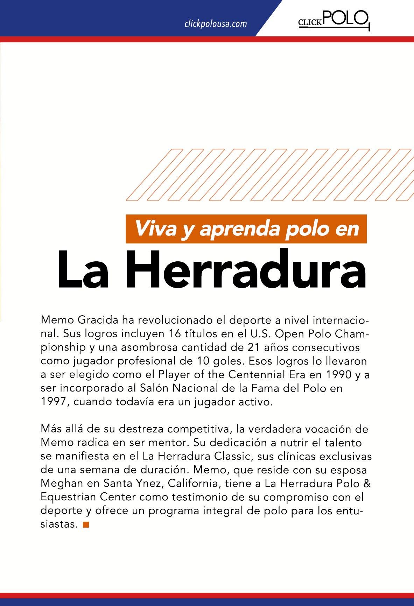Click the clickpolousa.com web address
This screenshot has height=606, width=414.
(x=215, y=24)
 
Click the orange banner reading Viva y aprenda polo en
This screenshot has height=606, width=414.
(x=246, y=229)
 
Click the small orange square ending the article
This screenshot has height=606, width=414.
(x=86, y=524)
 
